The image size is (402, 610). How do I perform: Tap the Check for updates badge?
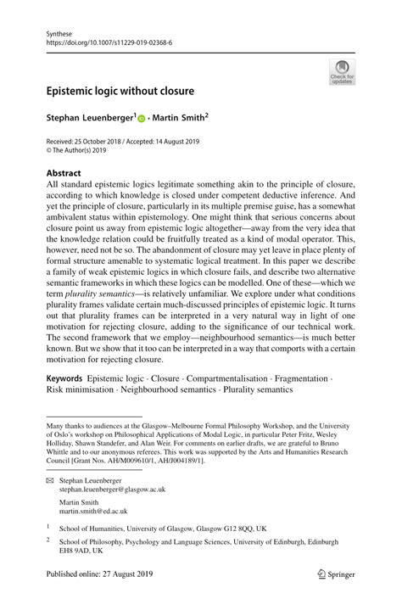(x=342, y=71)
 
